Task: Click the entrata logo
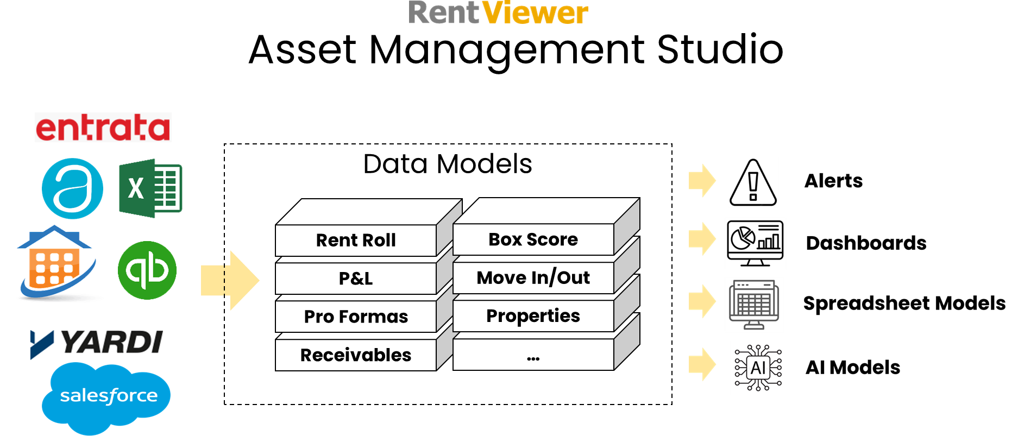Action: point(103,128)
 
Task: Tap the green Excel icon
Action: point(150,188)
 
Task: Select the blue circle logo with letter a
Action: point(72,188)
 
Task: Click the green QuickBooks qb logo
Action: point(147,270)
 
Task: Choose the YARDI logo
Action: point(97,345)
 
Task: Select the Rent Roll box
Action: point(356,240)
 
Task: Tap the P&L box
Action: point(356,279)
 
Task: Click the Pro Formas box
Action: point(356,317)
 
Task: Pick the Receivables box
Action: point(356,355)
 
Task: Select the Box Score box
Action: point(533,239)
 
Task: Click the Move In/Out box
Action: point(533,278)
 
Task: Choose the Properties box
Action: point(533,316)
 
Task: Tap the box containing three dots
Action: point(533,356)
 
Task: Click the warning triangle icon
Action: point(753,182)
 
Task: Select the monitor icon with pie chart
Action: point(755,243)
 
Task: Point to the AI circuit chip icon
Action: point(758,368)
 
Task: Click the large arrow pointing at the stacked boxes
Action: point(230,280)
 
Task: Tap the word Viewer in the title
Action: point(535,13)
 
